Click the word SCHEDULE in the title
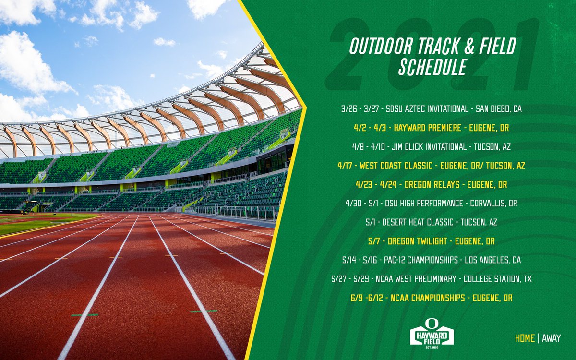[432, 67]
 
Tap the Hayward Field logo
[432, 332]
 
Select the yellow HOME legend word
[525, 338]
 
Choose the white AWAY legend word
[551, 338]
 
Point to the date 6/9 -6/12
[365, 298]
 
